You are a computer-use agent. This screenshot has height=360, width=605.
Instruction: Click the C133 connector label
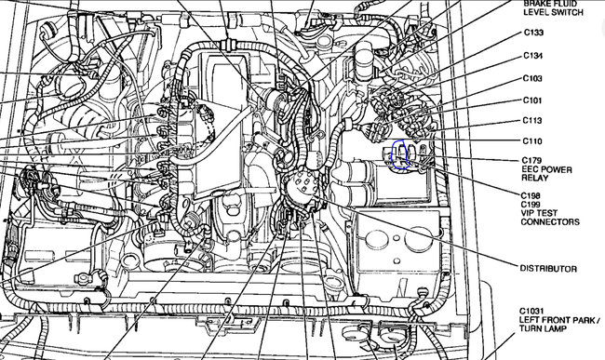533,33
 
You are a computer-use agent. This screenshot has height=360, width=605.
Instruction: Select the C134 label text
533,56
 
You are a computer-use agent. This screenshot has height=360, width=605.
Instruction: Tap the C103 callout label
532,79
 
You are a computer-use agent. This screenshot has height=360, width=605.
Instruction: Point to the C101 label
532,100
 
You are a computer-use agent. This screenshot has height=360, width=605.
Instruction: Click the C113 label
532,121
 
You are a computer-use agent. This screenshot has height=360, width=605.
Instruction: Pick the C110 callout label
532,141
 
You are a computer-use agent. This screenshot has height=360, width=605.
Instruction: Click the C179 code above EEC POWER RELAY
531,160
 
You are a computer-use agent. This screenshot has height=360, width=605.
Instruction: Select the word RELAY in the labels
535,178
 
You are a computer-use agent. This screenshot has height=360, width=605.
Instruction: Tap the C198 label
531,195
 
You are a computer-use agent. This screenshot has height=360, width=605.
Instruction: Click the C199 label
531,205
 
